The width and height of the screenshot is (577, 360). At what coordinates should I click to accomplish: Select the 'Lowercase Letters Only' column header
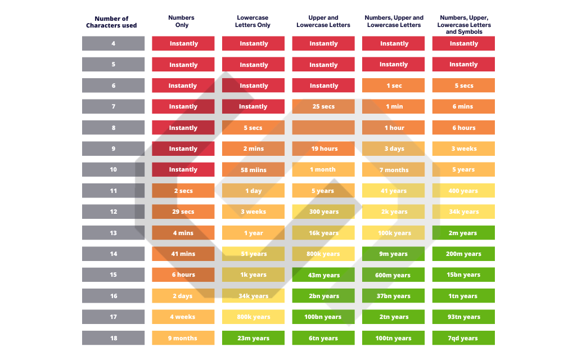(253, 21)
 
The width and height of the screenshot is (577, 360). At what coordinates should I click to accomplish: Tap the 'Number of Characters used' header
(111, 22)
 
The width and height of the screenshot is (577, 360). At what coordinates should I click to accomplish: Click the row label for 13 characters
(113, 233)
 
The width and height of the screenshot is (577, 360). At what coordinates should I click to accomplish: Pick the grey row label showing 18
(113, 338)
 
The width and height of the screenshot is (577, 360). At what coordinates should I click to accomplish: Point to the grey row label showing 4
(113, 43)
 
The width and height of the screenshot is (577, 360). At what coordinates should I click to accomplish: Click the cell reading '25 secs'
(323, 106)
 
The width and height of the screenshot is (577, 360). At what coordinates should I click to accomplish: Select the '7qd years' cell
(463, 338)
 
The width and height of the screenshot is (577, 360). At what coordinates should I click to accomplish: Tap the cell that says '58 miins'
(253, 170)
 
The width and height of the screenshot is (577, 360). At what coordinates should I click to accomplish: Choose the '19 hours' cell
(323, 148)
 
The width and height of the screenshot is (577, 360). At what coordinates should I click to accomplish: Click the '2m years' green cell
(463, 233)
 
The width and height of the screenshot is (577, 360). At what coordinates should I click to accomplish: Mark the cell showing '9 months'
(183, 338)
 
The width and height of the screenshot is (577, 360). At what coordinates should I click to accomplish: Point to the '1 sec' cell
(394, 85)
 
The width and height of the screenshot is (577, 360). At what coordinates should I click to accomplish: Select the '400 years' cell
(463, 191)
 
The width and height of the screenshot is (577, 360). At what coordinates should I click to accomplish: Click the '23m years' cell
(253, 338)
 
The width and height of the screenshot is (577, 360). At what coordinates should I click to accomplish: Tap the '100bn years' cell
(323, 317)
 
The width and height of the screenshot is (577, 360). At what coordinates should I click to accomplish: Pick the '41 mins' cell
(183, 254)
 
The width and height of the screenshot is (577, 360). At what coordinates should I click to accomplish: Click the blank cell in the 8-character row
(323, 128)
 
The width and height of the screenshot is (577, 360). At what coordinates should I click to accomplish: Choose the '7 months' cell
(394, 170)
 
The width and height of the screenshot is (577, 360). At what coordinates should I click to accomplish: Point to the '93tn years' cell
(463, 317)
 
